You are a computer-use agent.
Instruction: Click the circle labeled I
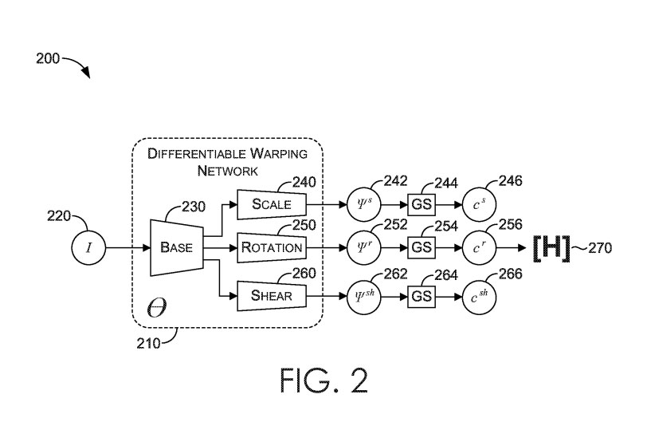pyautogui.click(x=89, y=247)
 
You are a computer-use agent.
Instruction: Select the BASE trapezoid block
pyautogui.click(x=177, y=247)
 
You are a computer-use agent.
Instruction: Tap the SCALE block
pyautogui.click(x=272, y=203)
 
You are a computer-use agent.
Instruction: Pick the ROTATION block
pyautogui.click(x=272, y=247)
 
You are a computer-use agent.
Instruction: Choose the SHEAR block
pyautogui.click(x=272, y=296)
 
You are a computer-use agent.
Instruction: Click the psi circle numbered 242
pyautogui.click(x=367, y=203)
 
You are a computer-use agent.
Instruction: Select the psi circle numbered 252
pyautogui.click(x=367, y=247)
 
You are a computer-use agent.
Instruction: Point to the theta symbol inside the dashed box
pyautogui.click(x=157, y=309)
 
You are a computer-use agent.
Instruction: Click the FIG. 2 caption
pyautogui.click(x=325, y=381)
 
